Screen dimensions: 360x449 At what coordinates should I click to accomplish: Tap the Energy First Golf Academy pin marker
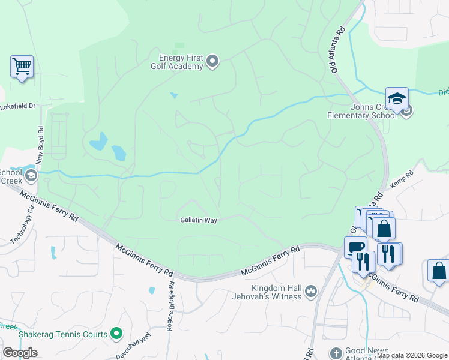pyautogui.click(x=212, y=61)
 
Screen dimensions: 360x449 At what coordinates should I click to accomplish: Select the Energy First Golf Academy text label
pyautogui.click(x=181, y=62)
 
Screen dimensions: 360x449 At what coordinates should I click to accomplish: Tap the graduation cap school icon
pyautogui.click(x=397, y=98)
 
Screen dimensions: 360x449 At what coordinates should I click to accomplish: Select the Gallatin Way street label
pyautogui.click(x=198, y=220)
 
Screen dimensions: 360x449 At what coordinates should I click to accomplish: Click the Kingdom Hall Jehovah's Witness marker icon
pyautogui.click(x=310, y=292)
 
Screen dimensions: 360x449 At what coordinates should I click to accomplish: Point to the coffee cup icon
pyautogui.click(x=355, y=247)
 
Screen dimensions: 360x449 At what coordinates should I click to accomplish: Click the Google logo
pyautogui.click(x=20, y=353)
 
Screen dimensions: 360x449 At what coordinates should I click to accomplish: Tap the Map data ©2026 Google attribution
pyautogui.click(x=412, y=355)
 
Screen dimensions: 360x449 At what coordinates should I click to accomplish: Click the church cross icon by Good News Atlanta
pyautogui.click(x=335, y=353)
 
